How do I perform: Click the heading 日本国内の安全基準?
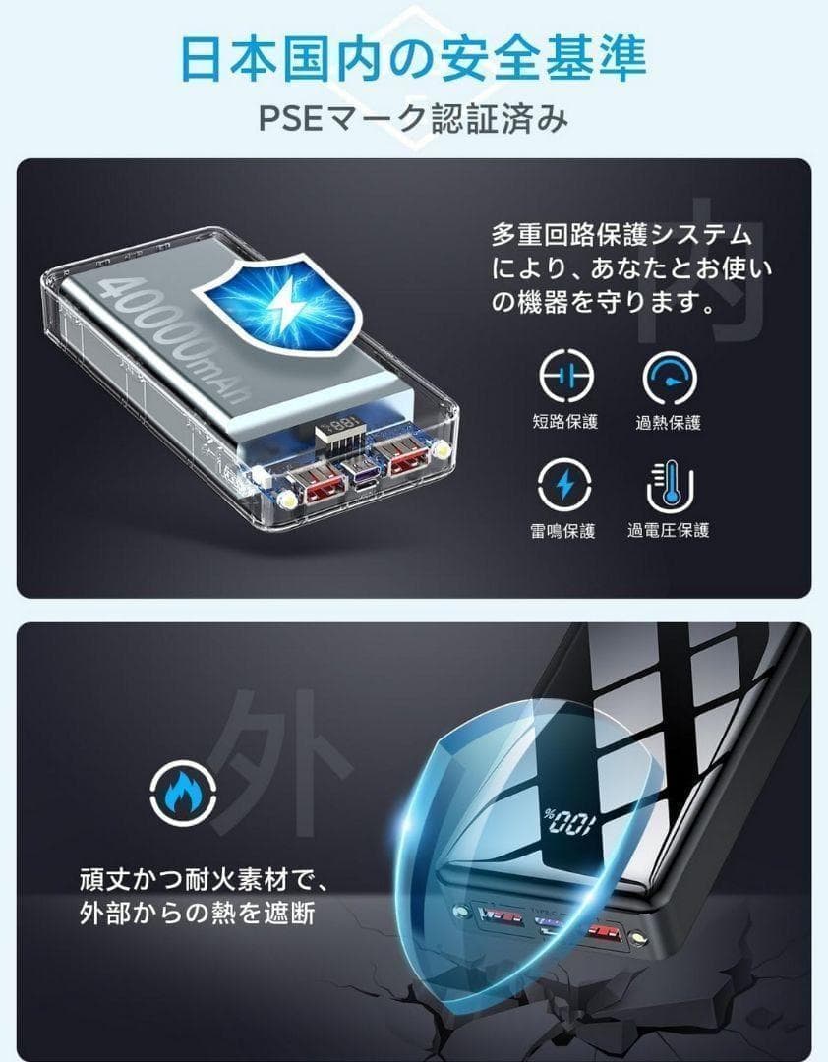[413, 58]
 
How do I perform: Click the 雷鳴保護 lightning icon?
[565, 486]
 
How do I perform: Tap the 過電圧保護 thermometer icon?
[670, 486]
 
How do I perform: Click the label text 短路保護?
[564, 423]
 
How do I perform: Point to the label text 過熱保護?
[669, 423]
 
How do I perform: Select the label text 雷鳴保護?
[564, 531]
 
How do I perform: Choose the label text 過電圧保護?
[669, 531]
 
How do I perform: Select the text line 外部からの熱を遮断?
[197, 913]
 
